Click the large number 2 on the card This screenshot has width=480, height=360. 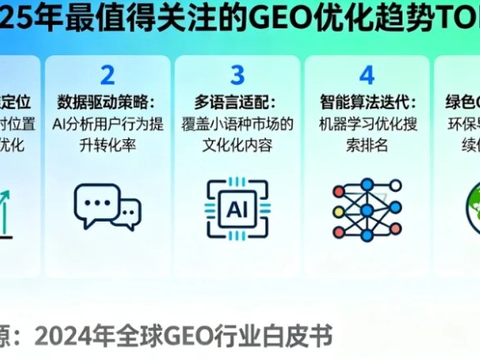[x=107, y=76]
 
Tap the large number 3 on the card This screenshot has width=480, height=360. [x=237, y=76]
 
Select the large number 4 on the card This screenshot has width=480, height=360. [x=367, y=76]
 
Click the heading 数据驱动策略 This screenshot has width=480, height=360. [x=107, y=104]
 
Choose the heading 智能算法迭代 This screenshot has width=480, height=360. [x=367, y=104]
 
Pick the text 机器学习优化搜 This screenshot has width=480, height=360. [x=367, y=126]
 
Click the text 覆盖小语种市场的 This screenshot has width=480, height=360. [x=237, y=126]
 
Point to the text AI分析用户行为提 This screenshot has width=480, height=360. [x=107, y=126]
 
